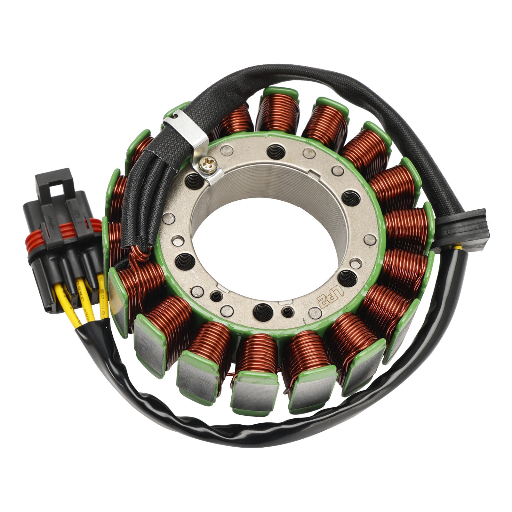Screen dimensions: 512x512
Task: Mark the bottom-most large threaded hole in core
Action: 262,312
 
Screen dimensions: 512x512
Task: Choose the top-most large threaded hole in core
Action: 276,151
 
